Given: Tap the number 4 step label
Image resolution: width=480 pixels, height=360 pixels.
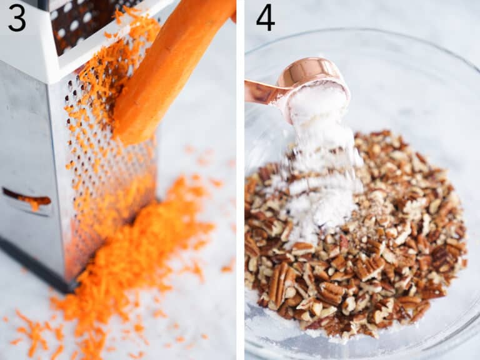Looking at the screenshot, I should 265,17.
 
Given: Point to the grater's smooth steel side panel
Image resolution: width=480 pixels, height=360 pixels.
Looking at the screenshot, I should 25,137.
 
